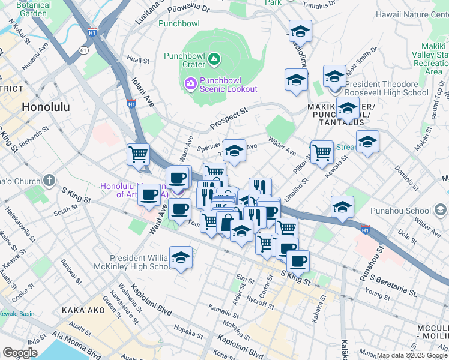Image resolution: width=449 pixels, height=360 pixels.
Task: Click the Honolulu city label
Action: coord(46,107)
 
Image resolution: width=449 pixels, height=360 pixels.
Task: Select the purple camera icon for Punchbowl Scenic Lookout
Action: coord(190,84)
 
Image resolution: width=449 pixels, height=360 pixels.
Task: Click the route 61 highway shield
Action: coord(81,52)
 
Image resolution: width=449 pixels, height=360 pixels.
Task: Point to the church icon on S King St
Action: coord(49,180)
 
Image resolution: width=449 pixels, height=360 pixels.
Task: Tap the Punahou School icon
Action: coord(441,210)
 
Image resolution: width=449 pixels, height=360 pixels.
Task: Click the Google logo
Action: coord(20,353)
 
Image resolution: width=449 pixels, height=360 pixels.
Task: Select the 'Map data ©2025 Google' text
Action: coord(412,355)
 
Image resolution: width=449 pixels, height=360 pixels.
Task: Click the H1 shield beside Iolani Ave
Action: coord(131,104)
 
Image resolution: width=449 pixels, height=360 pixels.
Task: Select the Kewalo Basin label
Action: coord(17,314)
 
